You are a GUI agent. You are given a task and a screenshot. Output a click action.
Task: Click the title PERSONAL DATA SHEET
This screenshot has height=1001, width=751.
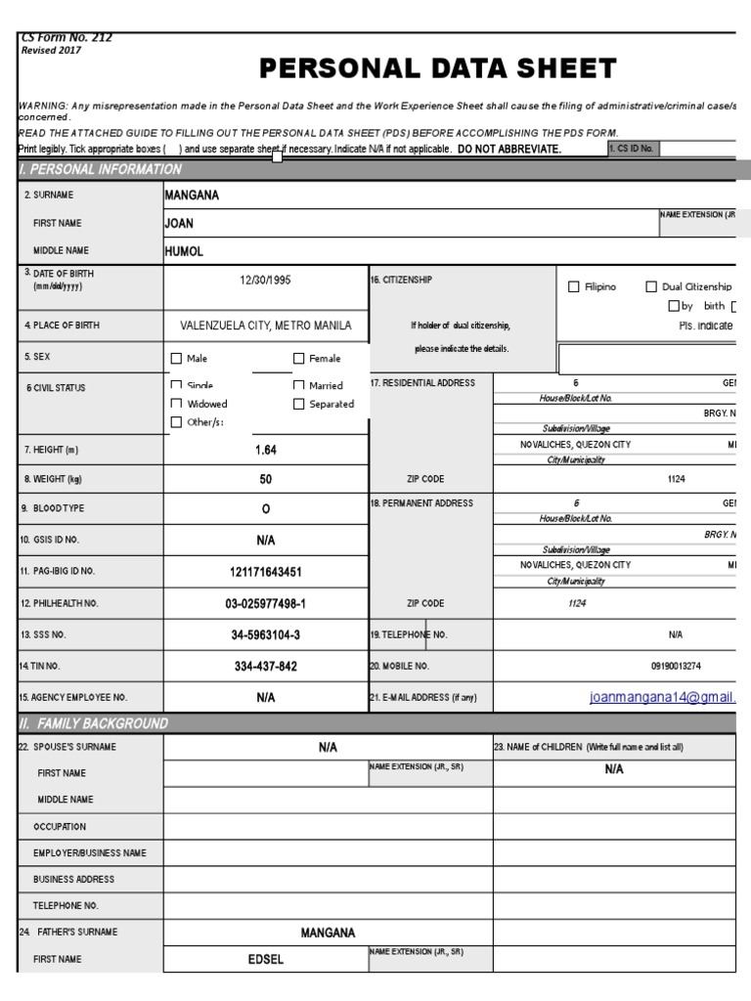coord(437,68)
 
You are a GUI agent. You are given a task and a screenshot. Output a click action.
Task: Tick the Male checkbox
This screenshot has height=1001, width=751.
coord(177,359)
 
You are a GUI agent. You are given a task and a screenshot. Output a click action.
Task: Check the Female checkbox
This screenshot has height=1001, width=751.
coord(299,359)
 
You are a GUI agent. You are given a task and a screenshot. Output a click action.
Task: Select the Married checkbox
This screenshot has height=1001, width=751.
coord(299,386)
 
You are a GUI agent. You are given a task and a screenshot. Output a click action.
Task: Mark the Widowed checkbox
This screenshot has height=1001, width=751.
coord(177,404)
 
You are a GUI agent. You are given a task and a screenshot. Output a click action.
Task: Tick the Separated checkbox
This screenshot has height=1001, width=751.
coord(299,404)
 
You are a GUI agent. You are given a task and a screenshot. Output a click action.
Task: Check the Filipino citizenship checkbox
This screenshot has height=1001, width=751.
coord(574,286)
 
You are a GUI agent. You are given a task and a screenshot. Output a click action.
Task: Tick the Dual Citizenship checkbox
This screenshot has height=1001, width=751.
coord(651,286)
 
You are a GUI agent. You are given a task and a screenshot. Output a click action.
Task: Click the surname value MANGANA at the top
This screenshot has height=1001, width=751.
coord(192,195)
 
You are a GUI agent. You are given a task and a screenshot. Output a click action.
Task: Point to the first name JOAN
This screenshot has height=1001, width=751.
coord(179,223)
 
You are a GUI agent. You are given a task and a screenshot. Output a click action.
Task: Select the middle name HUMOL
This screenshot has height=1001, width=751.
coord(185,250)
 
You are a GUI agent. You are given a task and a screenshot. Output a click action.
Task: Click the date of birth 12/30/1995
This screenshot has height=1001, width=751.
coord(266,280)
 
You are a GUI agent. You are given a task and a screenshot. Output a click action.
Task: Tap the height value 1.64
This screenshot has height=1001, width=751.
coord(266,450)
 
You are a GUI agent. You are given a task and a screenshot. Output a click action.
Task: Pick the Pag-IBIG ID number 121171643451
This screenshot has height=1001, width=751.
coord(266,571)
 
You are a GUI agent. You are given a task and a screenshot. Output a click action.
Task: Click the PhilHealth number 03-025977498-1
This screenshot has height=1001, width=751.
coord(266,603)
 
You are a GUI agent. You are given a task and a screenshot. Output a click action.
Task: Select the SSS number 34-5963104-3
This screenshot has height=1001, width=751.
coord(266,634)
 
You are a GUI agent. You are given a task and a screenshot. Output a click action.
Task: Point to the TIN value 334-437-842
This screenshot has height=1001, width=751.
coord(266,666)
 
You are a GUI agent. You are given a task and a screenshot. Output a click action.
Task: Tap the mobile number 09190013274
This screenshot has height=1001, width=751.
coord(676,666)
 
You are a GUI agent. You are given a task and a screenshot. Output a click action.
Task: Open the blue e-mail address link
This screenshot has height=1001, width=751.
coord(662,697)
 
